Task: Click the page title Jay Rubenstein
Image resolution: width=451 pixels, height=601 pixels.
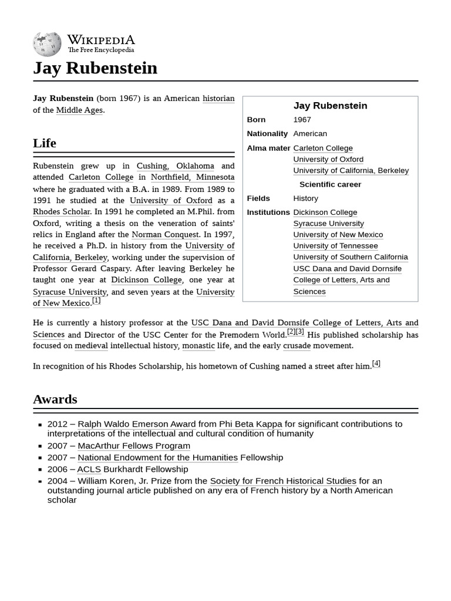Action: tap(95, 68)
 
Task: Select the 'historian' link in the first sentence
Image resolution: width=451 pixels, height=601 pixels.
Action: tap(218, 99)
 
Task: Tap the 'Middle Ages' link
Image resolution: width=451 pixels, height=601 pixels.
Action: tap(79, 110)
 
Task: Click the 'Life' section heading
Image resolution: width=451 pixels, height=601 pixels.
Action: tap(45, 143)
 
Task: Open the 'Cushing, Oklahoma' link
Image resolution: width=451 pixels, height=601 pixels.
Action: tap(175, 166)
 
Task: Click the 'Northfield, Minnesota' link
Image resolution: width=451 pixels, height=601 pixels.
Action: tap(192, 177)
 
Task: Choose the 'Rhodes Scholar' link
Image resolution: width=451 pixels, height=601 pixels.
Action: tap(62, 212)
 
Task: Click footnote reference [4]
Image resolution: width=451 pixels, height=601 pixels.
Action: tap(376, 364)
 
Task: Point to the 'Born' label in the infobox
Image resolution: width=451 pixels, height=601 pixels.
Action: tap(256, 120)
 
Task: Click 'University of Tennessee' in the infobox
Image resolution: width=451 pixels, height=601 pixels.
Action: tap(335, 246)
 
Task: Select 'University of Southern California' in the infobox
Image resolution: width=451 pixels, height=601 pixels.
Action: tap(350, 257)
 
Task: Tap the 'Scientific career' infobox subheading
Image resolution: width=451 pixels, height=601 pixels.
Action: tap(330, 184)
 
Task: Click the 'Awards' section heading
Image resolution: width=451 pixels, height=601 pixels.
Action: tap(55, 399)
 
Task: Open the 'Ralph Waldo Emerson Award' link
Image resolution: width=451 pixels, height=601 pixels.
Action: tap(136, 424)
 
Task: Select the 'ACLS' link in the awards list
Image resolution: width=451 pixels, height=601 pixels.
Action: tap(89, 470)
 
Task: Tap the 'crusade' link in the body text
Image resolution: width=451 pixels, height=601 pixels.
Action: tap(297, 346)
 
